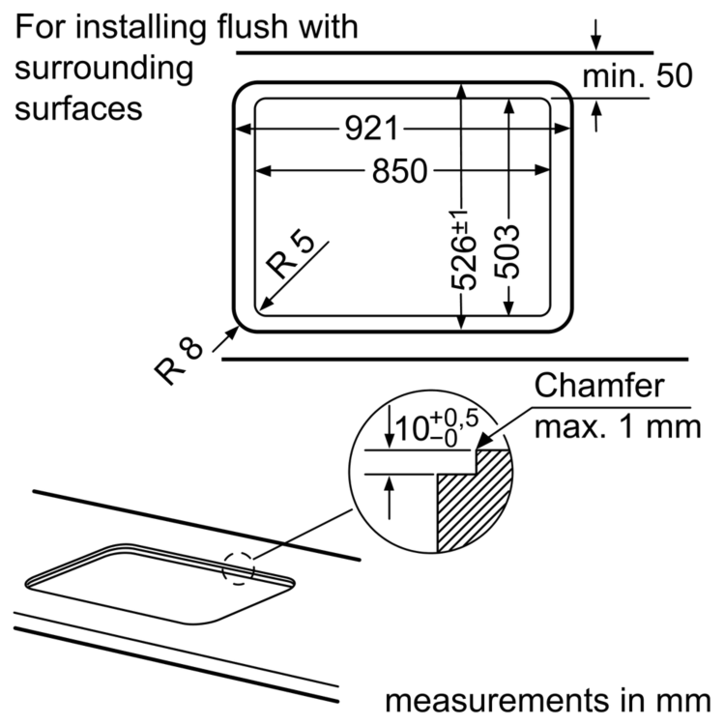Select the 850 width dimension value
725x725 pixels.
(x=397, y=171)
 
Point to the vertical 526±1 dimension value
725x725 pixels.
(x=465, y=249)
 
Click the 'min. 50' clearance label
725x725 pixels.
(x=637, y=76)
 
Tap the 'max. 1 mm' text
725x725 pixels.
(x=616, y=426)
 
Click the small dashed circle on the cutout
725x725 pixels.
(x=239, y=567)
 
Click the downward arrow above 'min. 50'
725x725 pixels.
(x=596, y=39)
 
